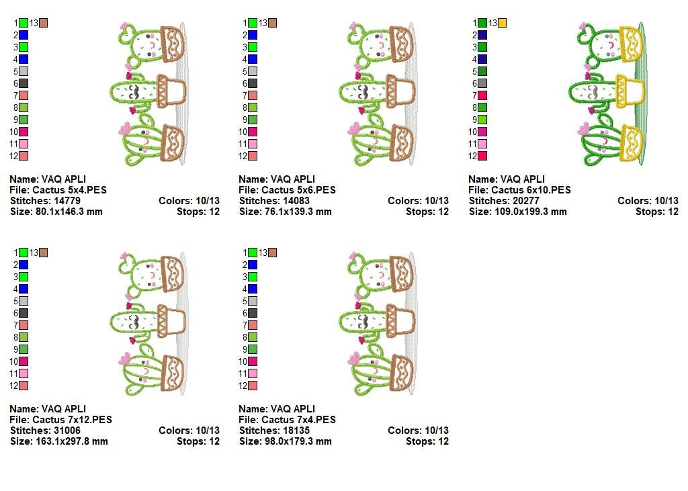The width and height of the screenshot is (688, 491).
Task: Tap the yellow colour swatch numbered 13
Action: (x=502, y=23)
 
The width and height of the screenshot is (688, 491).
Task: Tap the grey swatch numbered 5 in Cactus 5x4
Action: (x=24, y=71)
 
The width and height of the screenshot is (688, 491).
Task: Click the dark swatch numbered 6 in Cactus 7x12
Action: (x=24, y=313)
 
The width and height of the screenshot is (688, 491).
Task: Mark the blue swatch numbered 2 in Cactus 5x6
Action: (x=253, y=35)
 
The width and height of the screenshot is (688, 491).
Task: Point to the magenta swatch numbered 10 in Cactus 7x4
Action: (x=253, y=361)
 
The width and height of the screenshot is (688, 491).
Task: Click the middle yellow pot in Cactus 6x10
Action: (x=628, y=91)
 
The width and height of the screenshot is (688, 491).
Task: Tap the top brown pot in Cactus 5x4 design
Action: (x=172, y=43)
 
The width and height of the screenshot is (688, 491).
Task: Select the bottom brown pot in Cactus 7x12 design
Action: (x=172, y=372)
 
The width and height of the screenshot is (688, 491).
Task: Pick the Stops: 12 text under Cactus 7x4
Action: (x=427, y=441)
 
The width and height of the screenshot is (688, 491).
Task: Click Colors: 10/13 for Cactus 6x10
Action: (x=648, y=201)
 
